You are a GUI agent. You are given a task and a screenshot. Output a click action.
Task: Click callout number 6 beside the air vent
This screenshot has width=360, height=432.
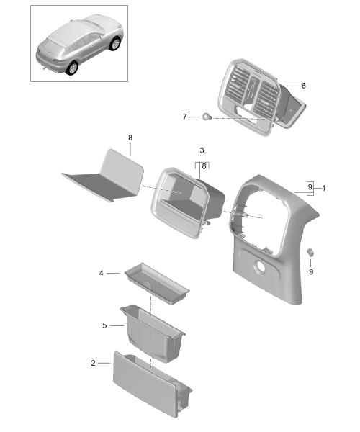[303, 86]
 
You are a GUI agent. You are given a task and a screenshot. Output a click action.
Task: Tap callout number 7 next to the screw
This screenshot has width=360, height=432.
[184, 117]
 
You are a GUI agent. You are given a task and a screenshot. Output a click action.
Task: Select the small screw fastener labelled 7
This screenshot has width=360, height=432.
[207, 117]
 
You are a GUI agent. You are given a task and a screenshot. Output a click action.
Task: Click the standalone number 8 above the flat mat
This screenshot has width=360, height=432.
[130, 138]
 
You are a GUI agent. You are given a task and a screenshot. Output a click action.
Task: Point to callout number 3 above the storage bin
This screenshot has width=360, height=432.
[202, 150]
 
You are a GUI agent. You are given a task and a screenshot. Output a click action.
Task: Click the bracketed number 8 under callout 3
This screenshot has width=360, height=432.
[204, 166]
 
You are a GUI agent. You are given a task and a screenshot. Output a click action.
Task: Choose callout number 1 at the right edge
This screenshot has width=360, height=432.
[324, 188]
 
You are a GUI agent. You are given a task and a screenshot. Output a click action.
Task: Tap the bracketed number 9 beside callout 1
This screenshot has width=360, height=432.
[310, 187]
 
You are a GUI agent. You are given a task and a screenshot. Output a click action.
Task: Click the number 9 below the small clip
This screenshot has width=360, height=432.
[311, 272]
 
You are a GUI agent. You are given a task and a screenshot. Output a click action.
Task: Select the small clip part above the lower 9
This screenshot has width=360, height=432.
[310, 252]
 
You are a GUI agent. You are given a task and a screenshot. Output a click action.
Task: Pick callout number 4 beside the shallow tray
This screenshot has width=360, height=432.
[101, 273]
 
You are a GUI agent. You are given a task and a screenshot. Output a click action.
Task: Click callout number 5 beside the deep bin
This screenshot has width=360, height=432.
[104, 325]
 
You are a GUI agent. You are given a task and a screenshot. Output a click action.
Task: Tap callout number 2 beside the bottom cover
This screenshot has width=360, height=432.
[93, 363]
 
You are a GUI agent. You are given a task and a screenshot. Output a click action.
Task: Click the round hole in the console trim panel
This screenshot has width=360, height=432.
[259, 267]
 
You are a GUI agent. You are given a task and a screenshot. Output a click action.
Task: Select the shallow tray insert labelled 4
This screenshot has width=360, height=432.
[157, 284]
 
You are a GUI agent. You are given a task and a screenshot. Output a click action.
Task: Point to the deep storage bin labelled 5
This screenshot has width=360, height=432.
[153, 333]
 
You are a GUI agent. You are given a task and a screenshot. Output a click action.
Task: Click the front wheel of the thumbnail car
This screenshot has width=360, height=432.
[115, 44]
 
